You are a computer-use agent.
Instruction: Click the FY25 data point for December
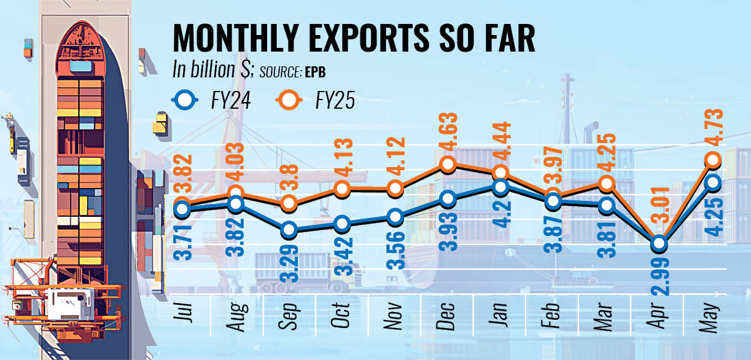(448, 164)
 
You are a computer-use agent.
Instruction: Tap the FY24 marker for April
(659, 243)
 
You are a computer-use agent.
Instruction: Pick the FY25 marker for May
(712, 160)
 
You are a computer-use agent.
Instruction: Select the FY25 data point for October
(341, 188)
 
